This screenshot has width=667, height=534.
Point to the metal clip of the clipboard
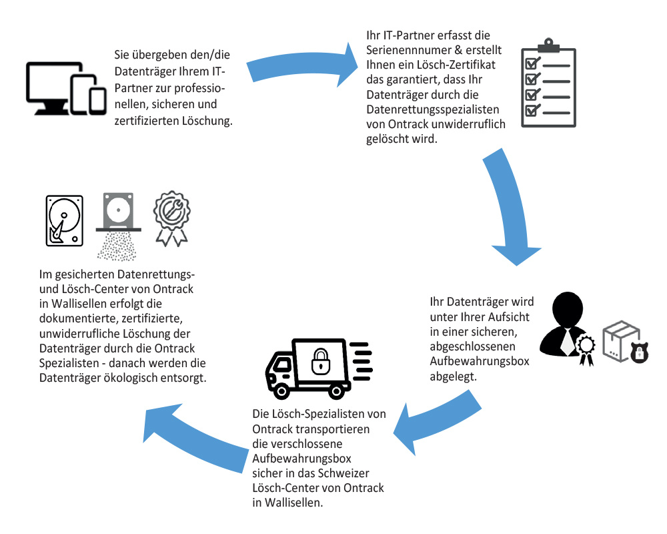pos(548,45)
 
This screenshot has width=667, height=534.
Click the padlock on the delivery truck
pos(321,362)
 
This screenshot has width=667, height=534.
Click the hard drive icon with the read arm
pos(64,221)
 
